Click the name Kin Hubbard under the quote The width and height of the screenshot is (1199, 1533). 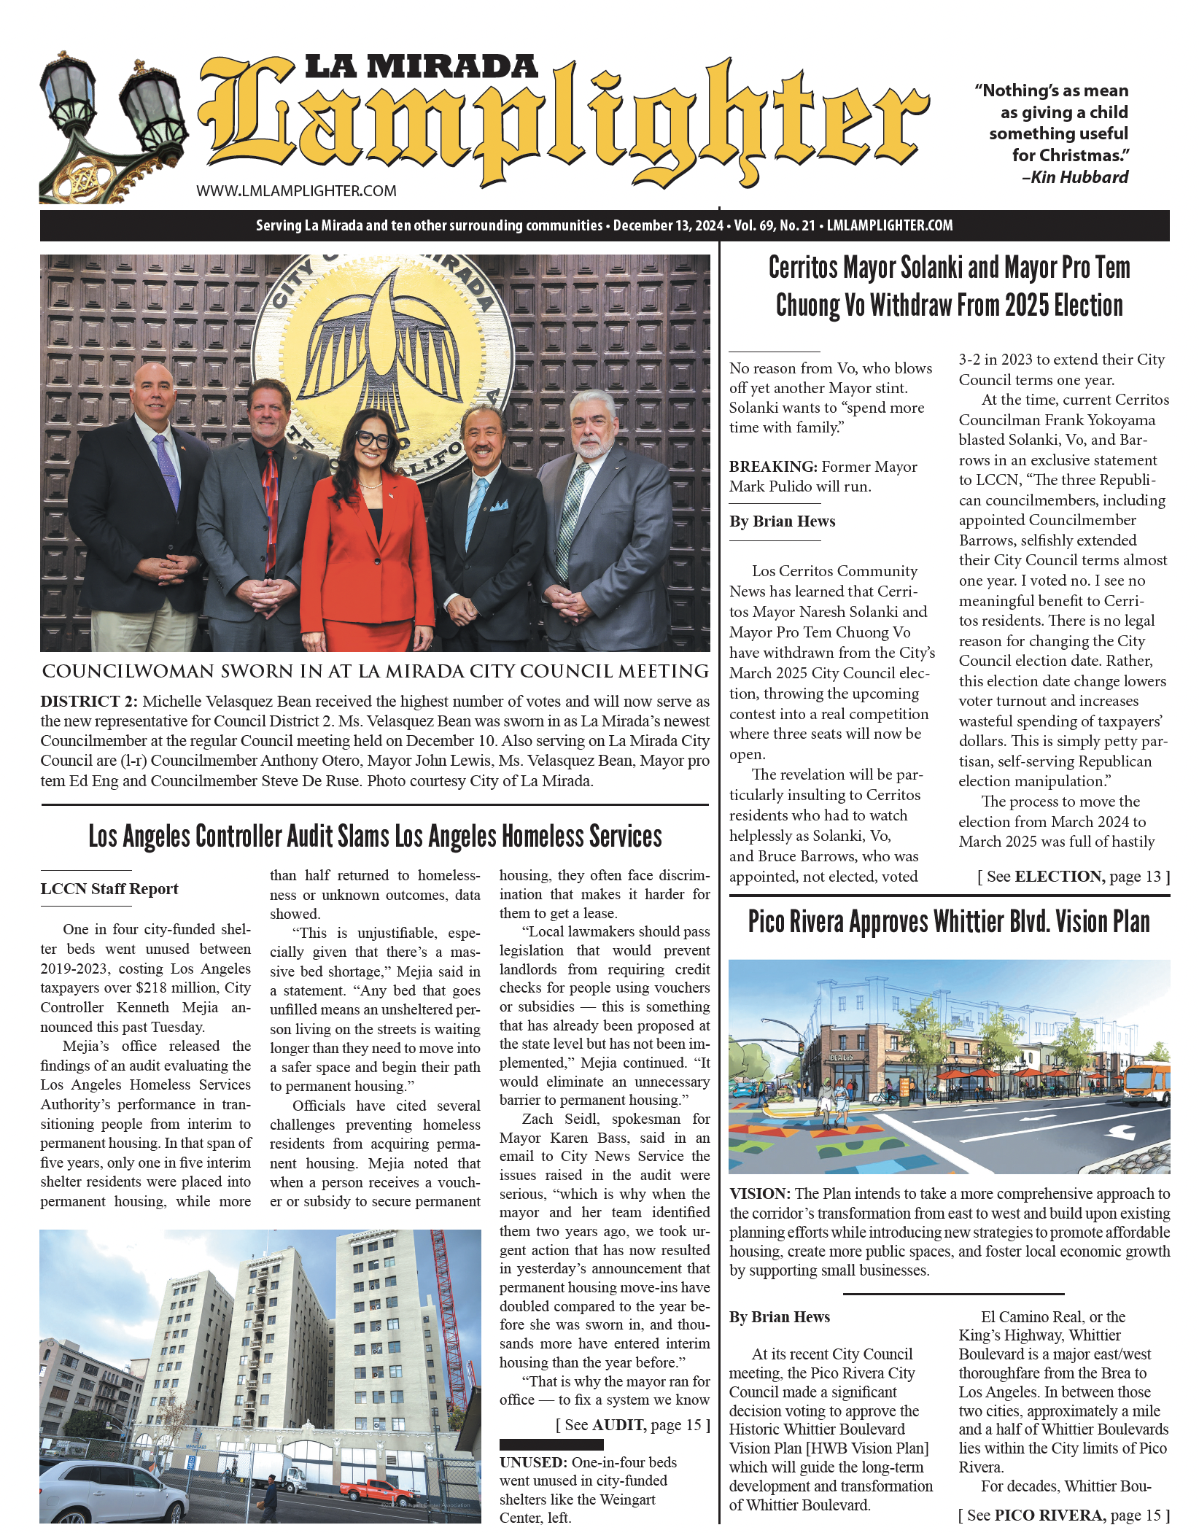[1079, 177]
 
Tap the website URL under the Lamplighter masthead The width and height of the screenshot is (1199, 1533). [296, 191]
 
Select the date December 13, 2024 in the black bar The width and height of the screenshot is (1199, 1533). [668, 225]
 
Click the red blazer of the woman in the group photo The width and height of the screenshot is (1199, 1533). [365, 554]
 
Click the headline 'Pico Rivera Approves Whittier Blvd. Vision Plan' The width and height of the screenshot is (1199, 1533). [949, 923]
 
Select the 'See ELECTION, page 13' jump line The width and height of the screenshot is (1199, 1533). [1074, 877]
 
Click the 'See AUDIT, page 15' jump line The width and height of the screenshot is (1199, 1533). [632, 1425]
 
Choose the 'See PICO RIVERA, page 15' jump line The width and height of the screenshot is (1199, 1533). [1064, 1515]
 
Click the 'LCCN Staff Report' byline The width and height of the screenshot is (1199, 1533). [109, 889]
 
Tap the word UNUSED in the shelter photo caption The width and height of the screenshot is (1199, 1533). [533, 1462]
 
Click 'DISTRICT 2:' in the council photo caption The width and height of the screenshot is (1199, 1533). [89, 702]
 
